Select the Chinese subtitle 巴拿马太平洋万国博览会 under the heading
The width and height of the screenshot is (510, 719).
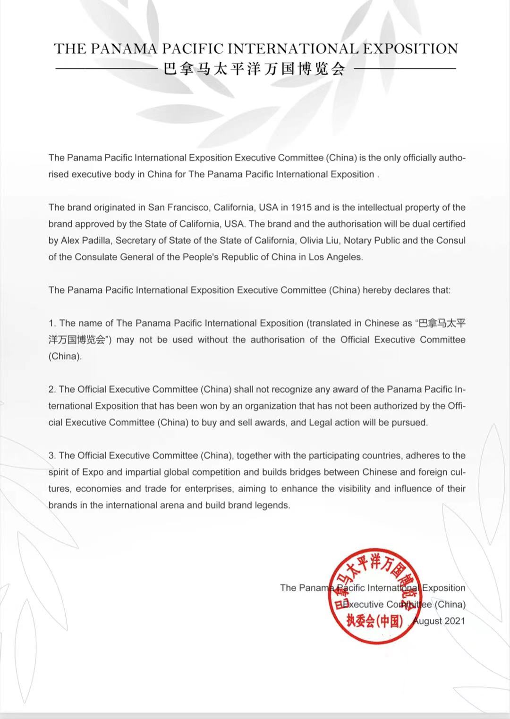255,69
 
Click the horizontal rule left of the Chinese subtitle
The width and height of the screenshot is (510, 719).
106,69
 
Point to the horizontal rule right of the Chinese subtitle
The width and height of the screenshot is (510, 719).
405,69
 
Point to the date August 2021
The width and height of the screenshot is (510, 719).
439,621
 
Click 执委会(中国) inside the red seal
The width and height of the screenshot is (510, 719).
374,621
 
